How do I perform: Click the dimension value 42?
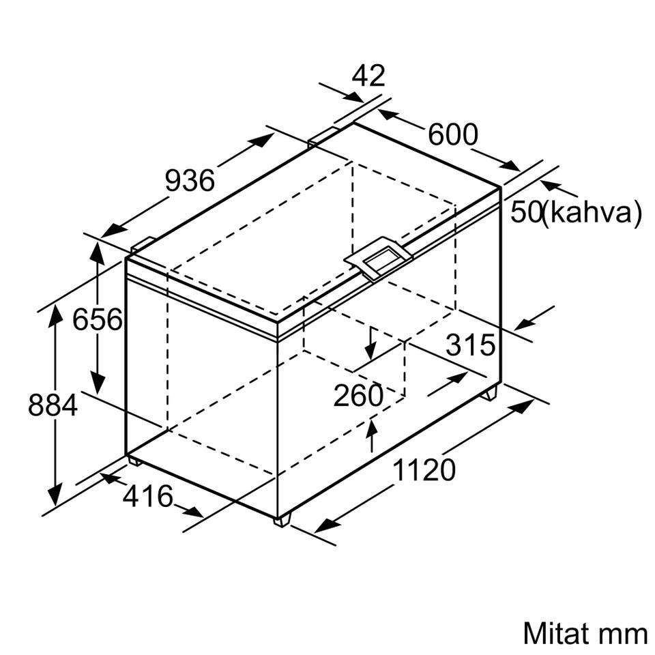point(368,76)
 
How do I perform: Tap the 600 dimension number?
point(453,134)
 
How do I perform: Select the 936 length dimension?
point(190,180)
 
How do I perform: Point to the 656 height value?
point(98,319)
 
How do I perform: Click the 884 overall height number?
point(53,405)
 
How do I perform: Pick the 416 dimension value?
point(148,496)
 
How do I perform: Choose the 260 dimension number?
point(358,395)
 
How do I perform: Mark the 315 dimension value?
point(470,345)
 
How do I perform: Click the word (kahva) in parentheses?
point(592,212)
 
